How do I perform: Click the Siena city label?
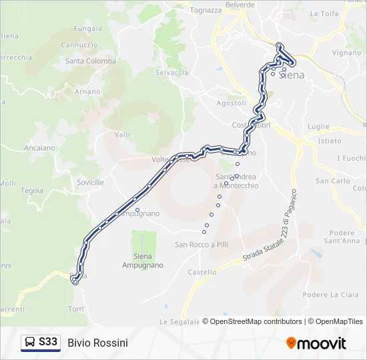click(293, 75)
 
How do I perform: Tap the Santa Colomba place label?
click(91, 61)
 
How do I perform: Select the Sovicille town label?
click(90, 182)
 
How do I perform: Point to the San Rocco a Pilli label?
click(202, 245)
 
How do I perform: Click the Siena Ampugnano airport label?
click(142, 260)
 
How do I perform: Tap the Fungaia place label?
click(88, 29)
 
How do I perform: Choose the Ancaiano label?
click(39, 147)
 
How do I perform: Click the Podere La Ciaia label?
click(330, 295)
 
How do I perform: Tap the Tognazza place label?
click(206, 11)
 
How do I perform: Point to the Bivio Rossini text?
click(97, 343)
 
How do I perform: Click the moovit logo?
click(316, 343)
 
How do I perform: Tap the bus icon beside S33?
click(30, 343)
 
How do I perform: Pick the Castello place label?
click(202, 272)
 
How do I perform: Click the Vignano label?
click(346, 52)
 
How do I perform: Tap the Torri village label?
click(75, 309)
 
